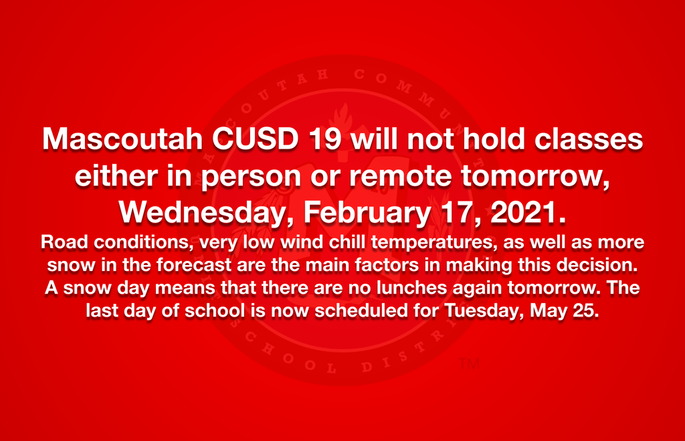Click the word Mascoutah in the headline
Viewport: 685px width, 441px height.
[122, 139]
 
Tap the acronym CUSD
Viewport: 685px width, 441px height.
[255, 139]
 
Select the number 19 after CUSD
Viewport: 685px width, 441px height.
[324, 139]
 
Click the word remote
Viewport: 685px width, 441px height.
[401, 176]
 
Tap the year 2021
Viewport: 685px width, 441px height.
[524, 212]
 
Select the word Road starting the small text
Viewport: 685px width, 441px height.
[65, 242]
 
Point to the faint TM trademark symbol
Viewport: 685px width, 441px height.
[470, 364]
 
